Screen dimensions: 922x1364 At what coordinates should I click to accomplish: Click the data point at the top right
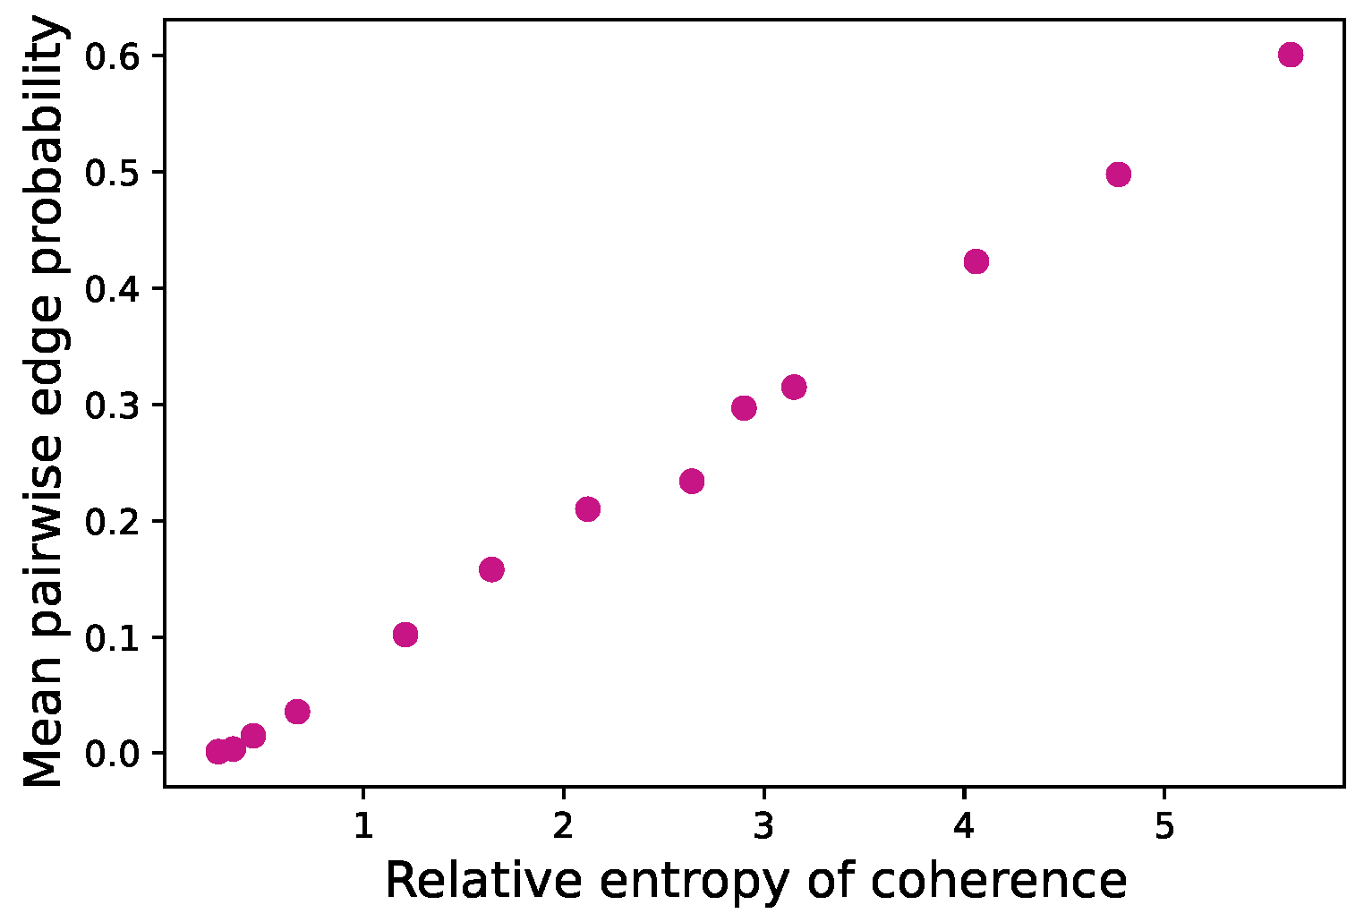(1290, 55)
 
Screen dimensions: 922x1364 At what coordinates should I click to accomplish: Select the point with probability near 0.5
(1118, 174)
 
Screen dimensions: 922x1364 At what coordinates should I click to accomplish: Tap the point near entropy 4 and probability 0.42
(976, 261)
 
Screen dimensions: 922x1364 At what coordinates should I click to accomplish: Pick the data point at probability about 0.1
(405, 635)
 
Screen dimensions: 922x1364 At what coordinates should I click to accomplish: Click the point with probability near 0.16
(491, 569)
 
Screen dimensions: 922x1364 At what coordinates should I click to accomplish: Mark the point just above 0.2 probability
(587, 509)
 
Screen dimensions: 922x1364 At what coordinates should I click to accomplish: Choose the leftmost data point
(217, 751)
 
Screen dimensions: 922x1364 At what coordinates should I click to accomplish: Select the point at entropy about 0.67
(297, 712)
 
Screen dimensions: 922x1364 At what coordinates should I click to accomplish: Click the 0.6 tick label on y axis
(114, 56)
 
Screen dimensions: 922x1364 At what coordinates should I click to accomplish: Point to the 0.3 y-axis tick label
(114, 406)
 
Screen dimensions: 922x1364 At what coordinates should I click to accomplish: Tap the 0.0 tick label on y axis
(114, 754)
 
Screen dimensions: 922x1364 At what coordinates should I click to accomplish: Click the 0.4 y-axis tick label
(114, 289)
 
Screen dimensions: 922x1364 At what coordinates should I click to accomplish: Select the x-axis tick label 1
(362, 825)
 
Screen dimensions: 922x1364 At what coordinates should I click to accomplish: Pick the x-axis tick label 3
(763, 825)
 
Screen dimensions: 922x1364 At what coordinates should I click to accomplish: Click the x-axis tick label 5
(1164, 825)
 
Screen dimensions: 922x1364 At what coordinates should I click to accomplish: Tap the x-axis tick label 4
(963, 825)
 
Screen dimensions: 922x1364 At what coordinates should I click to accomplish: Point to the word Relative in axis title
(482, 882)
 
